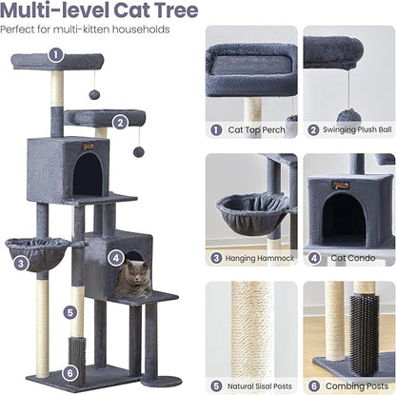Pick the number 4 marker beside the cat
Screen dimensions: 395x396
click(x=116, y=257)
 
